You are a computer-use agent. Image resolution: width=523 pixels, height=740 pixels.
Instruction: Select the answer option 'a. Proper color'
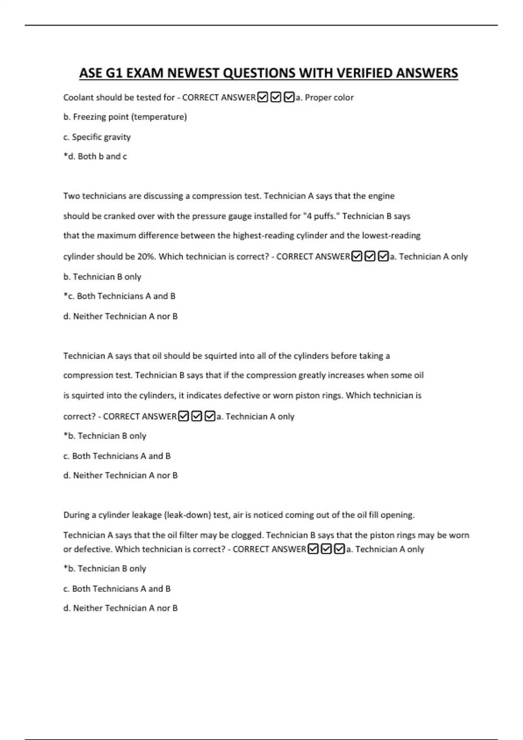coord(325,98)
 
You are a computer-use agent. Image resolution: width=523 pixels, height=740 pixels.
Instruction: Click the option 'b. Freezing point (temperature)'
coord(125,117)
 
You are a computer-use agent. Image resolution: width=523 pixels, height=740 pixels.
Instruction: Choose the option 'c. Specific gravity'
coord(97,137)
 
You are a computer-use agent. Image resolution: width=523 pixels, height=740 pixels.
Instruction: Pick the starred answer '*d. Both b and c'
coord(95,157)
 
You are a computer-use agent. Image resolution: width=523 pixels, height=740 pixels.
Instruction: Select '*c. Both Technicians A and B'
coord(119,296)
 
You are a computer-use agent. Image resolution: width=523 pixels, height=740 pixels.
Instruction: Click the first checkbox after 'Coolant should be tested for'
coord(263,98)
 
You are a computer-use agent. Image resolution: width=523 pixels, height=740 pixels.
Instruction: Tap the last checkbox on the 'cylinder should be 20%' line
coord(383,257)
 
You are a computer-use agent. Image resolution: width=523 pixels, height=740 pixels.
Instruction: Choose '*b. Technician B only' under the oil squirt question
coord(105,436)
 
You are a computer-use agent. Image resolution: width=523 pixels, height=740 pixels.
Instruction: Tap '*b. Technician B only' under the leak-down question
coord(105,569)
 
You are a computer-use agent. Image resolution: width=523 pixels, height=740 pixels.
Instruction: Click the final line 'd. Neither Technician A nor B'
coord(120,609)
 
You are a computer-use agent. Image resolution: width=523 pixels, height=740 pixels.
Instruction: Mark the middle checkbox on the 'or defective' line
coord(326,549)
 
